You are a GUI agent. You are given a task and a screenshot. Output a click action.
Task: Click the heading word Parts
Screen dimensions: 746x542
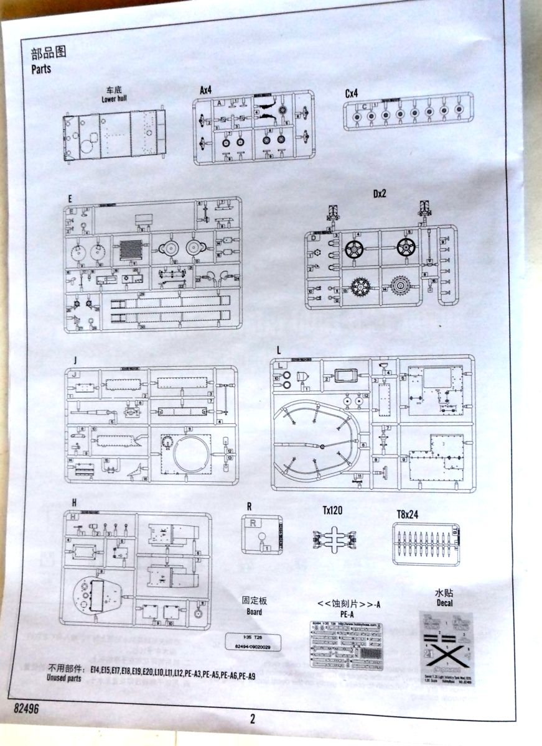point(41,69)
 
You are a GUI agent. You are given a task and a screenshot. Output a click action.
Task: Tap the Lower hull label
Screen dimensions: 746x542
point(114,99)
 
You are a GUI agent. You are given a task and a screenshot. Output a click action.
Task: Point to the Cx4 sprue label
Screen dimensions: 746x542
point(352,93)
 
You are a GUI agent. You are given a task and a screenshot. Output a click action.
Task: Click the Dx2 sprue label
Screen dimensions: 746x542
point(380,194)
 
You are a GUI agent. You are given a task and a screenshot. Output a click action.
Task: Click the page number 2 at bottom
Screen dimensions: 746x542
point(253,720)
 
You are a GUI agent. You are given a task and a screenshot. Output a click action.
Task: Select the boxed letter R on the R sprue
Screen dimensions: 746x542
point(253,523)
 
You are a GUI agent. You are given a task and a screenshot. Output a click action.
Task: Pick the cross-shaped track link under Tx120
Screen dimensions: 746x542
point(334,536)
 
